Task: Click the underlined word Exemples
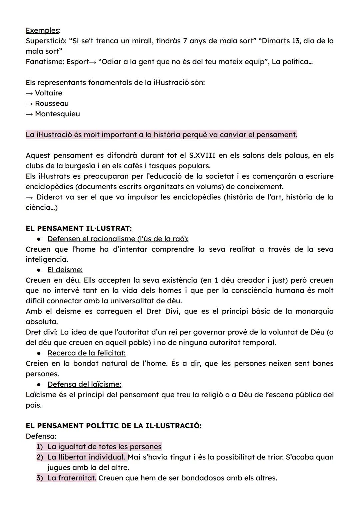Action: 42,30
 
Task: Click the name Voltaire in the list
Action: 48,93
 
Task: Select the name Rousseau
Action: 52,103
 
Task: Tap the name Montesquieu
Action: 57,114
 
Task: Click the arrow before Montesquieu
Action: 29,114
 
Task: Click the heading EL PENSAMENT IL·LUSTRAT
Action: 78,228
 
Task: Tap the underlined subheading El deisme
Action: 65,270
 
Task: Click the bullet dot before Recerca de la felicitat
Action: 39,353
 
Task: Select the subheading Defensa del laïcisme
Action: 84,384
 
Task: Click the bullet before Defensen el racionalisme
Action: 39,239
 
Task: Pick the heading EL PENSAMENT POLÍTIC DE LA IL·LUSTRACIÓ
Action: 113,426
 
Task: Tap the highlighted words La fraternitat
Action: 72,478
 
